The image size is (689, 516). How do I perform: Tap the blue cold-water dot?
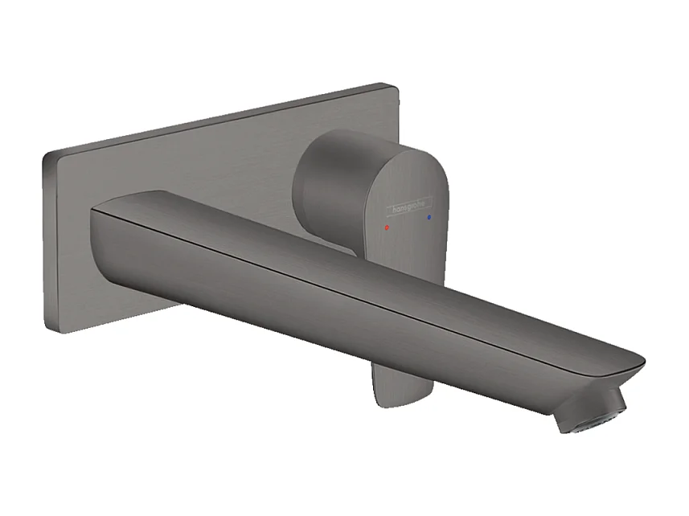pyautogui.click(x=430, y=217)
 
